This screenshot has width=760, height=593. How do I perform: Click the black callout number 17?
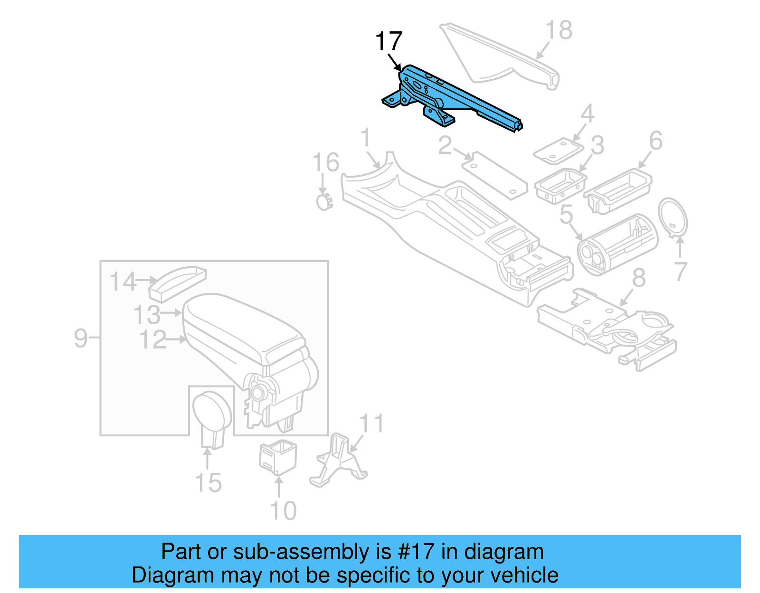coord(389,41)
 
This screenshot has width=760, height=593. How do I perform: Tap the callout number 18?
coord(559,30)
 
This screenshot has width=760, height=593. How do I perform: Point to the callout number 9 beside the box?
coord(81,338)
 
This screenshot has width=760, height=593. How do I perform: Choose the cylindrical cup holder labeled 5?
coord(617,244)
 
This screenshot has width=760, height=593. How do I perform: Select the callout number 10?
coord(283,511)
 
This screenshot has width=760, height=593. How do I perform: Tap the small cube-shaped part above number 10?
coord(278,457)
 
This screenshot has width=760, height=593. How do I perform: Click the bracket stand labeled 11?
coord(338,461)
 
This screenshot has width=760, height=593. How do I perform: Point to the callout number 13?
coord(147,314)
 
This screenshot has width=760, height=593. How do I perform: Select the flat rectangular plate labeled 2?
coord(494,175)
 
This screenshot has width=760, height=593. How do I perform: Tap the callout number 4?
coord(588,114)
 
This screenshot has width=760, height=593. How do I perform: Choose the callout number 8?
coord(639,278)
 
